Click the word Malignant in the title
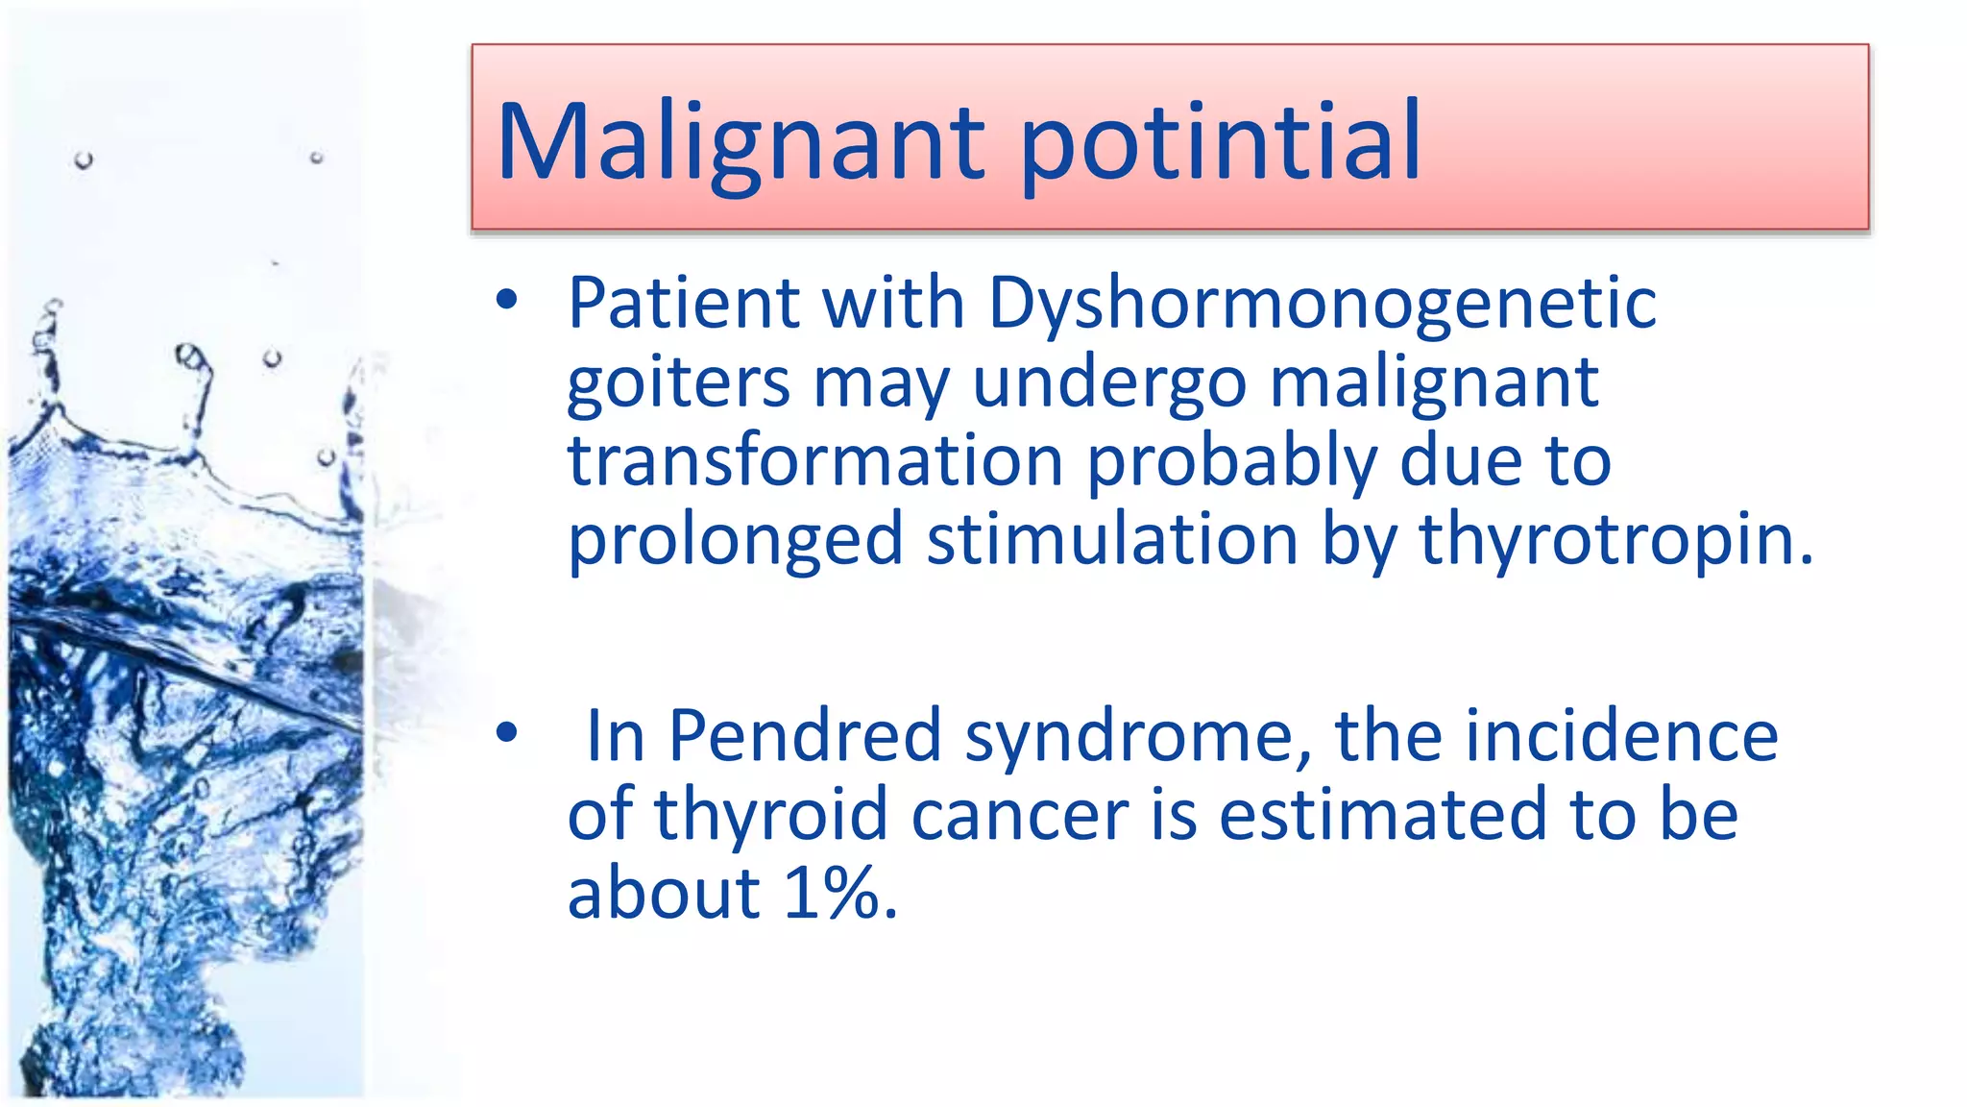pos(740,142)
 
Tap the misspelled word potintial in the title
pos(1220,142)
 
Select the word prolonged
pos(735,541)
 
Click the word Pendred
pos(805,736)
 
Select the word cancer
pos(1019,815)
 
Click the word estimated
pos(1382,815)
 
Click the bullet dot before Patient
pos(507,302)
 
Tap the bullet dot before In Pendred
pos(507,734)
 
